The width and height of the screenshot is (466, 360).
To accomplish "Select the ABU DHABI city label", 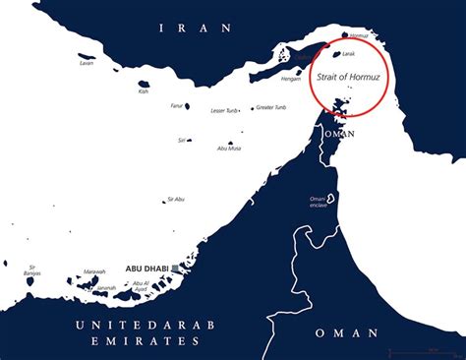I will point(146,268).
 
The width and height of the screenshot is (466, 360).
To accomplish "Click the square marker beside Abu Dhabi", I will point(175,268).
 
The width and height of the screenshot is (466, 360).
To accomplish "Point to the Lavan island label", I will point(87,63).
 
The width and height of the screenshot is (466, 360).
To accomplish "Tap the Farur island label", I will point(177,105).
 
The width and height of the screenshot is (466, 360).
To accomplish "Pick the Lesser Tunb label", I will point(225,110).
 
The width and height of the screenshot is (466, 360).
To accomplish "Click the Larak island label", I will point(348,57).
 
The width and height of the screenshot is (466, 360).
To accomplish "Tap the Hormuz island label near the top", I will point(359,35).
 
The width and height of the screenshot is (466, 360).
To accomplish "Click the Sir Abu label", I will point(176,199).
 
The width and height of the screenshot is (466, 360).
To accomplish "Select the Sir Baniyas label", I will point(32,270).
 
